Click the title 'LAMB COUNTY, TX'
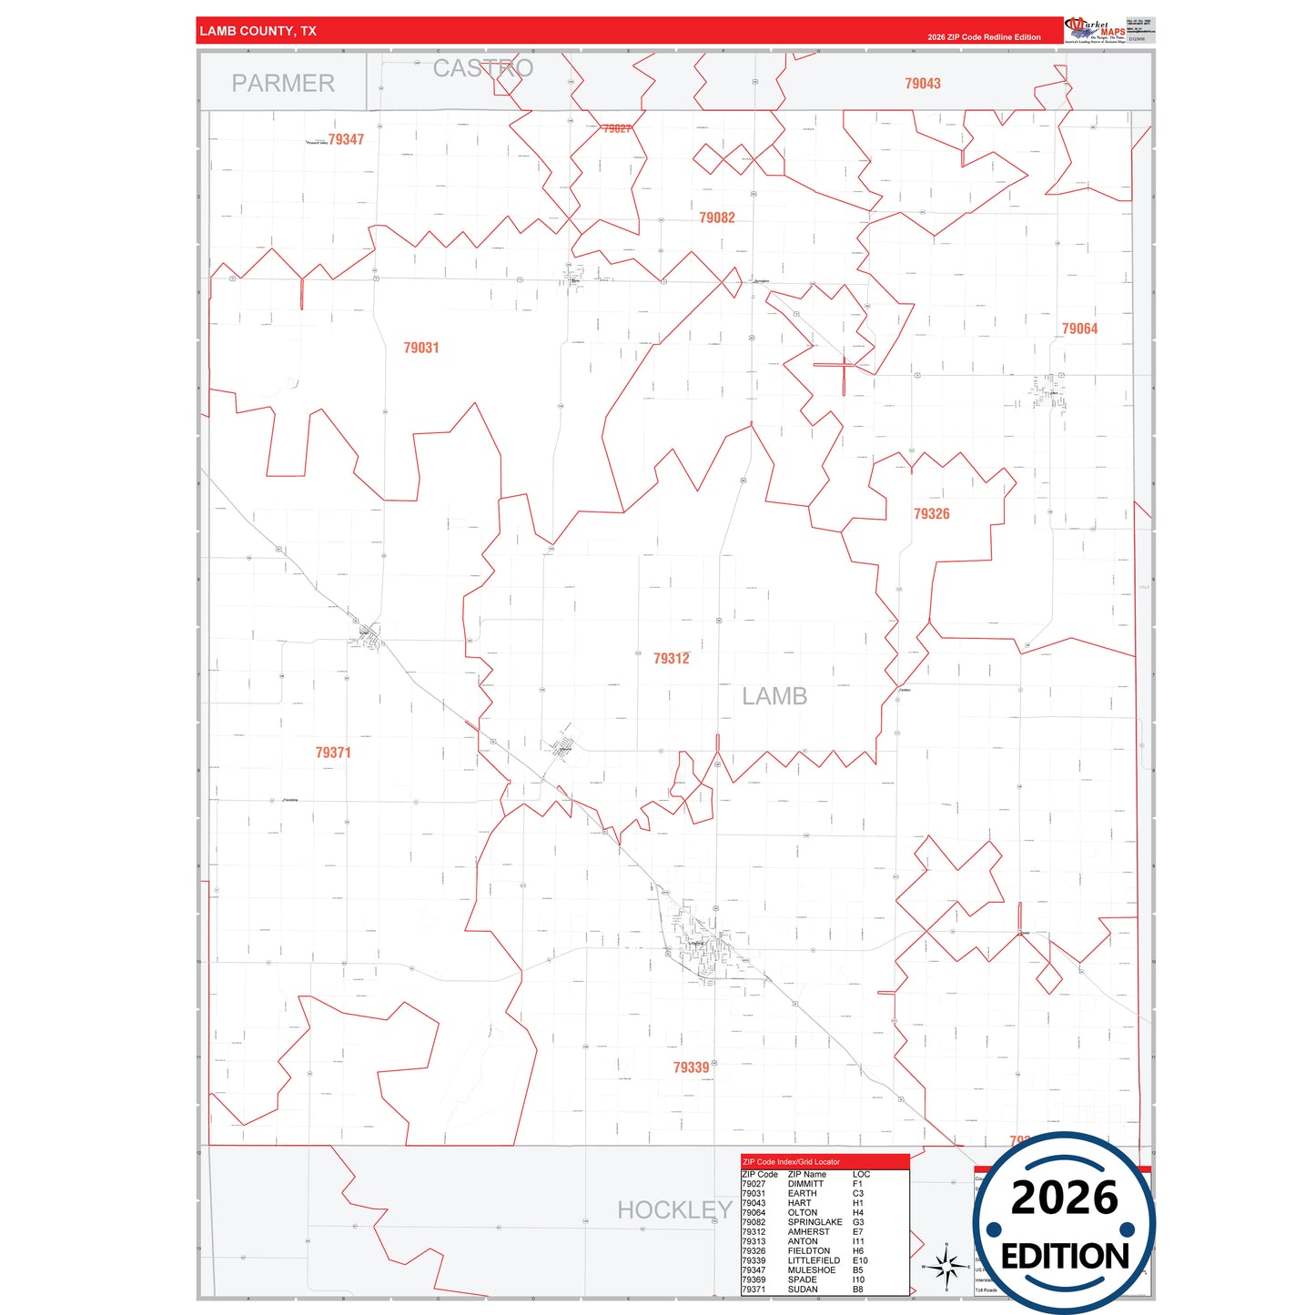(x=258, y=31)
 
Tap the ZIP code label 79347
(x=346, y=139)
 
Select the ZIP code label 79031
(x=421, y=348)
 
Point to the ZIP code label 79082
(x=717, y=217)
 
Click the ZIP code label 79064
(x=1079, y=329)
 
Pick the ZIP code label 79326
(x=931, y=513)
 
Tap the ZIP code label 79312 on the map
(x=672, y=658)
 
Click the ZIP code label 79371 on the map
(x=333, y=753)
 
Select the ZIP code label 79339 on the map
(x=691, y=1067)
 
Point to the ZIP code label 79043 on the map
(x=922, y=84)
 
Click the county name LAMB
(x=774, y=696)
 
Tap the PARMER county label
(x=283, y=83)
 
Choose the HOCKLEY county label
(x=674, y=1209)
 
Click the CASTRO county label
(x=482, y=68)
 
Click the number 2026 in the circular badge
(x=1065, y=1198)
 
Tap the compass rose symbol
(x=946, y=1266)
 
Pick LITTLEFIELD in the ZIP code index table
(x=814, y=1260)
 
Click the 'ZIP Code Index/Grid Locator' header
(x=792, y=1162)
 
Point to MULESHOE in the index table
(x=812, y=1270)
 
